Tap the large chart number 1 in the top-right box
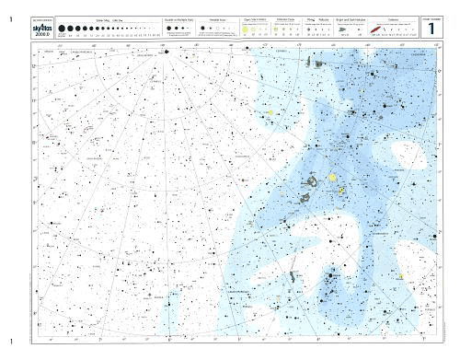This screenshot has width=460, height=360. (430, 29)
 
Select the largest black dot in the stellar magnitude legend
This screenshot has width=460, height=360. (62, 29)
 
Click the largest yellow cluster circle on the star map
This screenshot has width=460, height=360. (332, 177)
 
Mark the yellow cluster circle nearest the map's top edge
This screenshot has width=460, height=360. (270, 112)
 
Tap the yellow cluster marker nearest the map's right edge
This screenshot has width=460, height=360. (401, 274)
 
